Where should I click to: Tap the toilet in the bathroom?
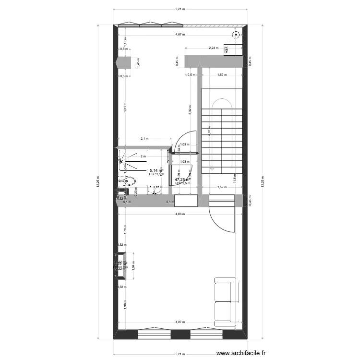click(129, 181)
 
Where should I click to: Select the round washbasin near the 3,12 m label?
click(154, 191)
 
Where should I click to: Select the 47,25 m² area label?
click(182, 180)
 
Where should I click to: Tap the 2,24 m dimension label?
click(213, 48)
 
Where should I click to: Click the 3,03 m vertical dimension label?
click(125, 108)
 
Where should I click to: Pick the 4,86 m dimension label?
click(180, 214)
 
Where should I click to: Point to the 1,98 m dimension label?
click(125, 308)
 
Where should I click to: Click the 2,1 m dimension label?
click(144, 139)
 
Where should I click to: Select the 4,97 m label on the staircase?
click(209, 133)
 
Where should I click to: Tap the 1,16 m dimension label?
click(125, 42)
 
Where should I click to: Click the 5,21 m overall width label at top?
click(180, 9)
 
